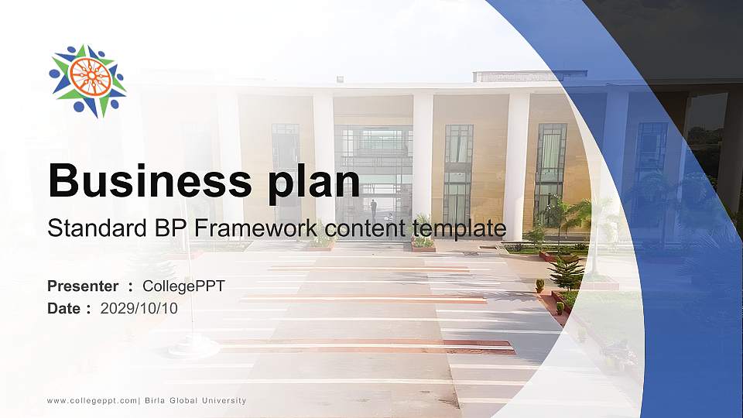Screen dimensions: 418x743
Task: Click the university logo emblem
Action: (x=87, y=81)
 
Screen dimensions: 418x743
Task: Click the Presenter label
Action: (x=83, y=286)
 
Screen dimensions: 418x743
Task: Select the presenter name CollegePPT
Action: (x=183, y=286)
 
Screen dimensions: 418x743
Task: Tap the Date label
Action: (x=64, y=308)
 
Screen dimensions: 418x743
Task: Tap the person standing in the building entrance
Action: (x=373, y=207)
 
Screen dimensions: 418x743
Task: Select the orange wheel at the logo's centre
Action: (x=88, y=76)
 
